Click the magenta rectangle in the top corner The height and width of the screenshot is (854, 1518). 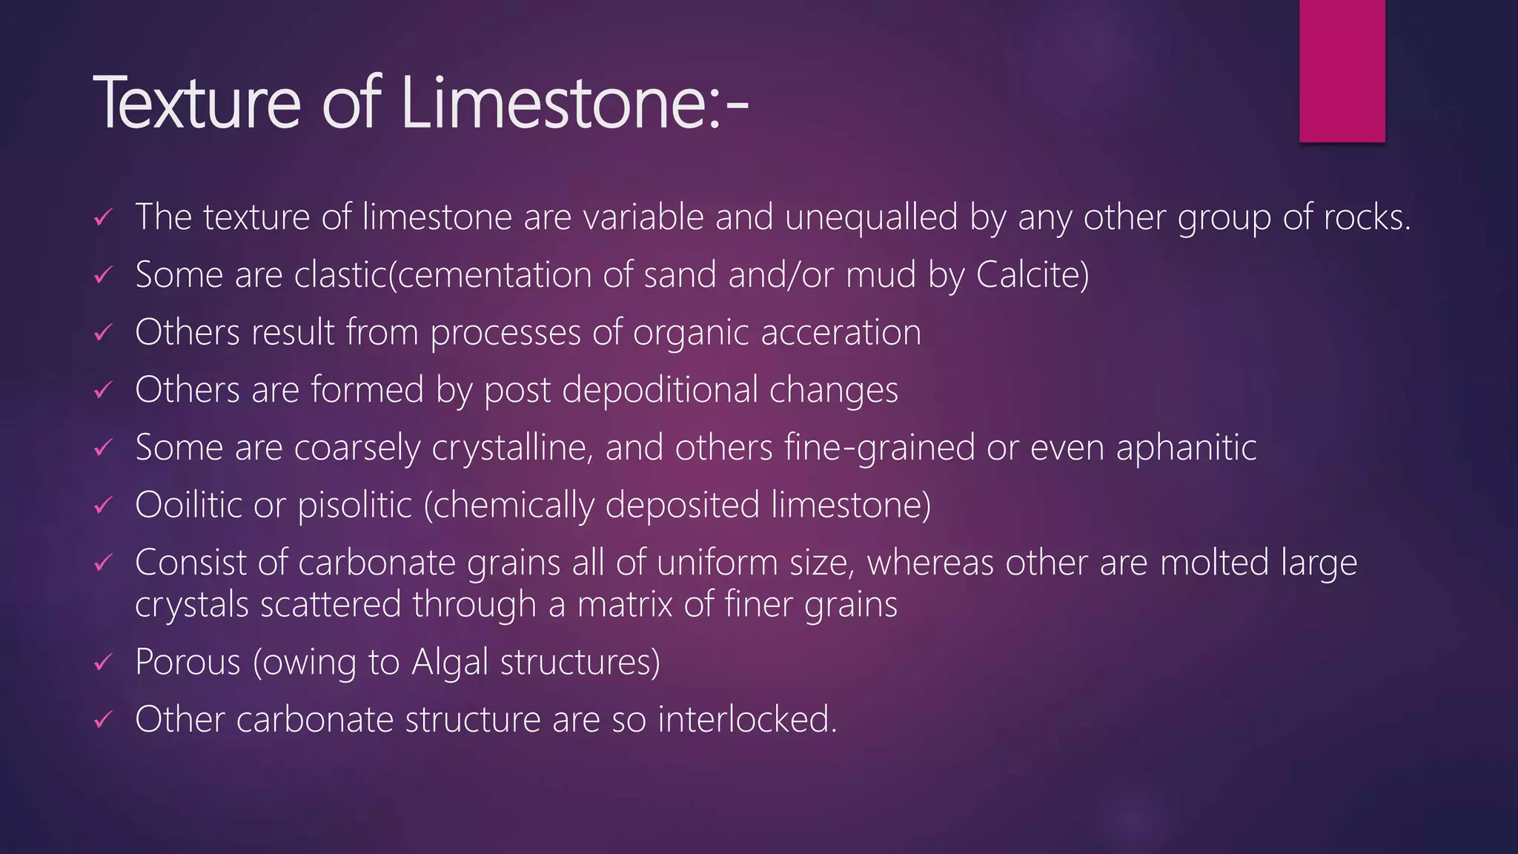point(1342,70)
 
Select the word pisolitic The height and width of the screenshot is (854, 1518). point(354,506)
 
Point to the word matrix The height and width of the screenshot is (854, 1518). point(625,604)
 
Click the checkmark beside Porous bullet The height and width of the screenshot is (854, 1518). point(103,662)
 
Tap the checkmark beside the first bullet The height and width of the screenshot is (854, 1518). point(103,218)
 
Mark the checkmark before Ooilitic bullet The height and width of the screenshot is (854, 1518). point(103,506)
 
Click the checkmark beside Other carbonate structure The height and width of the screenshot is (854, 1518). point(103,720)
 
